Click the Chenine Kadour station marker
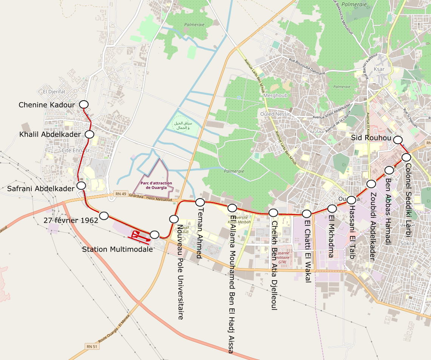point(83,104)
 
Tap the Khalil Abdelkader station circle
point(90,134)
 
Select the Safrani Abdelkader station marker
point(81,185)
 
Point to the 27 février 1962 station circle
point(104,216)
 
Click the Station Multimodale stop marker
point(154,235)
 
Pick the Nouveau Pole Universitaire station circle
point(174,219)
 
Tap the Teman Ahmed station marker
point(200,202)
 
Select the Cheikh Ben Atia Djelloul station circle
point(273,213)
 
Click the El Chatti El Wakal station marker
point(307,214)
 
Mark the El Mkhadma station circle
point(332,208)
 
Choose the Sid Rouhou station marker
point(398,140)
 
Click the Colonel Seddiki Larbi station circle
point(406,157)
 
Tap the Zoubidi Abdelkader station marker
point(371,184)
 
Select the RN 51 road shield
point(92,346)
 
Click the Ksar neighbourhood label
point(379,69)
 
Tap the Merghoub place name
point(276,96)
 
